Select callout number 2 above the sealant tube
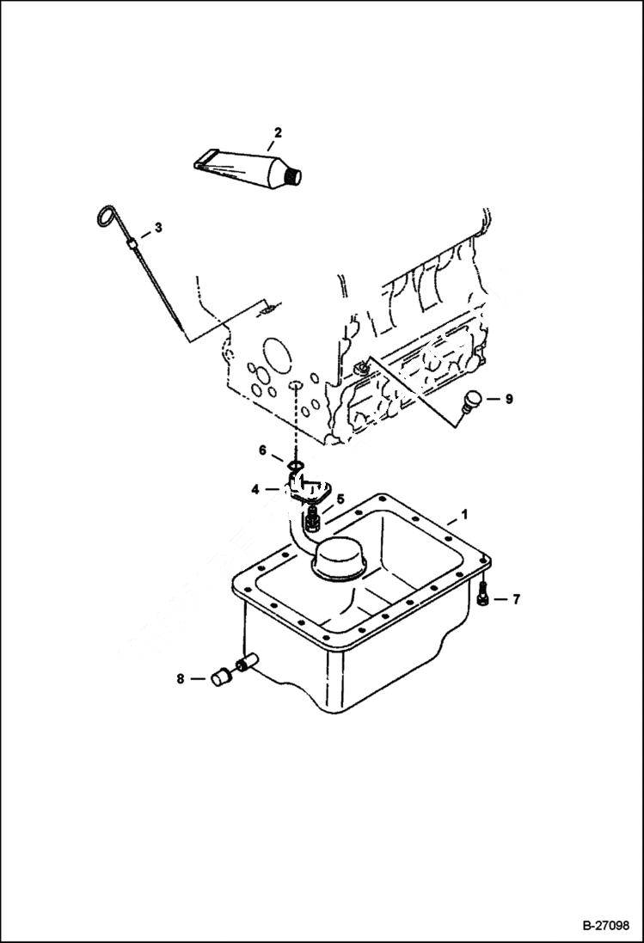click(x=278, y=132)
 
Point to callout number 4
click(x=255, y=489)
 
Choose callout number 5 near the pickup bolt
click(x=340, y=498)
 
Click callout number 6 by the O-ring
click(x=264, y=450)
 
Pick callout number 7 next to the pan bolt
click(x=516, y=599)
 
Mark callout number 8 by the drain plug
click(x=181, y=679)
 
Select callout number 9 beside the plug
click(x=508, y=399)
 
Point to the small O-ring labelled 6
click(x=295, y=467)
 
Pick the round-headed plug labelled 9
click(x=471, y=401)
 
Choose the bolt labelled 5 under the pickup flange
click(x=313, y=518)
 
